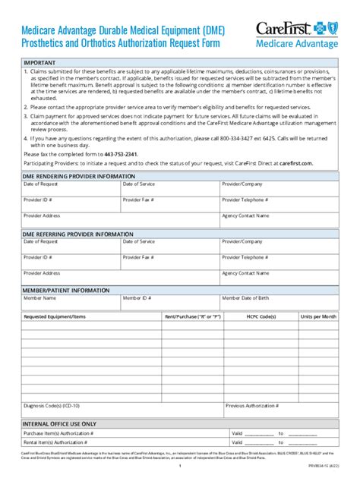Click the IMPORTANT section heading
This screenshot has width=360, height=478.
coord(39,62)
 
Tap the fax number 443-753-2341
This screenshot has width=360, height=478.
coord(120,153)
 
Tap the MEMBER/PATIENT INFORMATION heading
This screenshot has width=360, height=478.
coord(65,290)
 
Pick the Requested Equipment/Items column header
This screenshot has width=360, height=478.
coord(55,316)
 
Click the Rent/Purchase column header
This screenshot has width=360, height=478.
coord(192,316)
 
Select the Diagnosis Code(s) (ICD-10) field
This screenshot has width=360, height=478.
coord(122,409)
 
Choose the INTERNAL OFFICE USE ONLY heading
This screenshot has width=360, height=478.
coord(59,423)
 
